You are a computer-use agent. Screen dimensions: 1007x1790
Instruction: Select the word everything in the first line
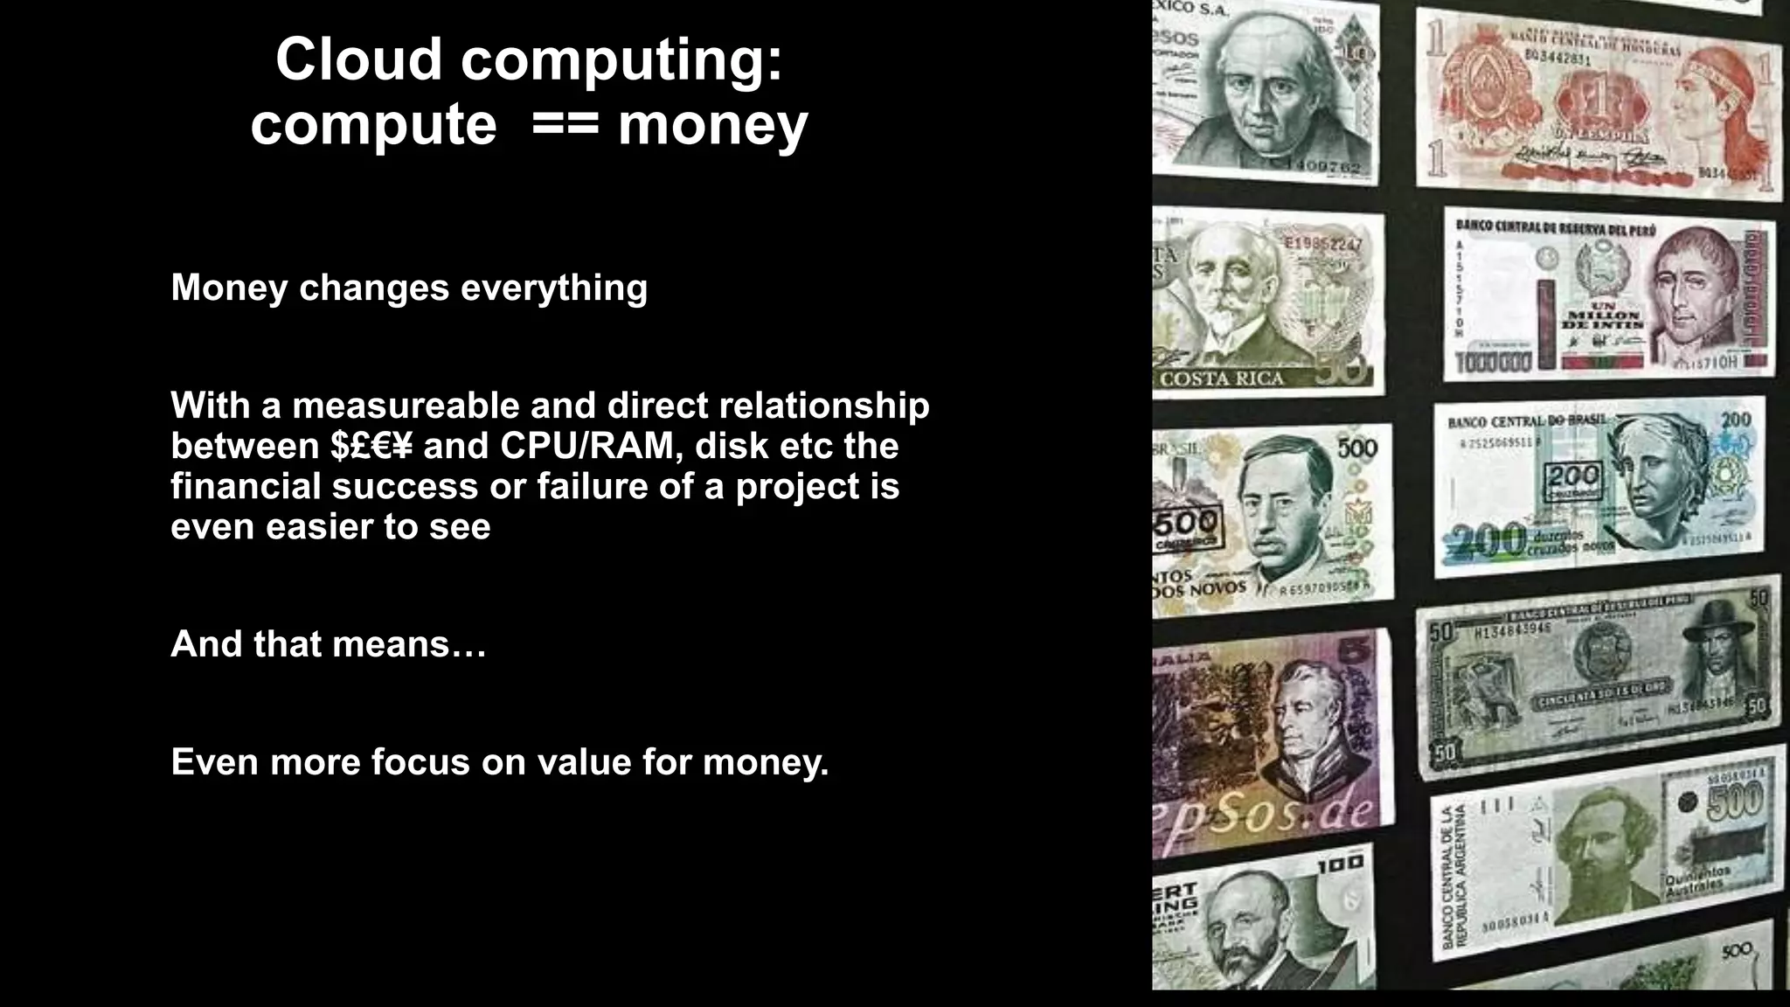pyautogui.click(x=554, y=288)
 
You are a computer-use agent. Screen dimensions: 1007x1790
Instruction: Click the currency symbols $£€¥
pyautogui.click(x=371, y=446)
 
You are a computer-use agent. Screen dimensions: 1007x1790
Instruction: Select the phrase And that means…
pyautogui.click(x=328, y=644)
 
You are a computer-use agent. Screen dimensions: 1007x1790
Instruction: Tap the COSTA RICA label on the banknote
pyautogui.click(x=1222, y=378)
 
